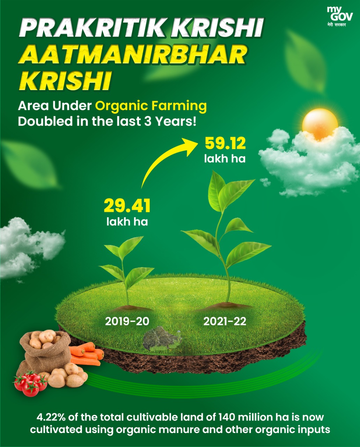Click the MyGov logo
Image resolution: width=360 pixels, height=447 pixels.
340,17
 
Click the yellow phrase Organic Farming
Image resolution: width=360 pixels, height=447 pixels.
151,106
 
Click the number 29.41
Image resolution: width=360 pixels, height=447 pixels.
127,206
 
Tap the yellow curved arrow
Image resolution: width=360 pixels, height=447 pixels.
166,160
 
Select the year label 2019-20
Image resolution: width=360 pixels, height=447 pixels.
127,321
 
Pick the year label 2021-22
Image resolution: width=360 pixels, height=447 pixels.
225,321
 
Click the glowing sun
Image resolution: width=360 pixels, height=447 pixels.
320,124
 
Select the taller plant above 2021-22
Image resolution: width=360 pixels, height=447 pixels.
226,235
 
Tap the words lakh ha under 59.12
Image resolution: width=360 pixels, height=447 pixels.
225,159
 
